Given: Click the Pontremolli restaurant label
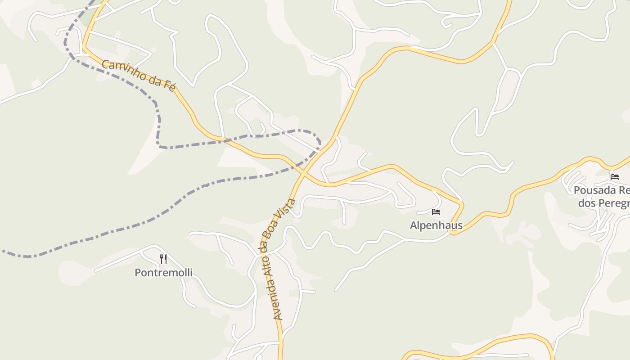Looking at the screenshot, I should [163, 272].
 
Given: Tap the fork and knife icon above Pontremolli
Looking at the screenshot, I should [163, 259].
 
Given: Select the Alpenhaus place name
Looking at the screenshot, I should [436, 225].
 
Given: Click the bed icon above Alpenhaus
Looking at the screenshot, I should [436, 212].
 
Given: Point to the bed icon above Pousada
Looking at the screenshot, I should [615, 176].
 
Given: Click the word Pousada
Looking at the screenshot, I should [593, 190].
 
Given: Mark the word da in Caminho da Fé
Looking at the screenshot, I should [155, 81].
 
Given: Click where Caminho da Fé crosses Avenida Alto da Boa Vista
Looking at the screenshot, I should [304, 172].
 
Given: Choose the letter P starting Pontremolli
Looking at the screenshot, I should [138, 272].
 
